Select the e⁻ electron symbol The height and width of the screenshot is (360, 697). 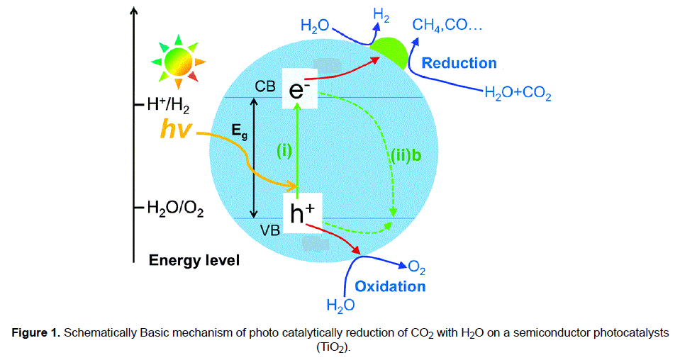297,90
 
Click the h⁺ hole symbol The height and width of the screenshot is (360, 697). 303,212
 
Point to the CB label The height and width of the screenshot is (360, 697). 264,86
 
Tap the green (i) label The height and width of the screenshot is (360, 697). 284,150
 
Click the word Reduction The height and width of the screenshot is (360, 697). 459,63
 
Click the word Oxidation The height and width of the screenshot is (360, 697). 390,286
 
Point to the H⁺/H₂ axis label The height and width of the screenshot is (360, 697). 169,106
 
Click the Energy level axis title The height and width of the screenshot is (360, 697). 194,261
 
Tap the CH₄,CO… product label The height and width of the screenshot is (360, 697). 447,28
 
